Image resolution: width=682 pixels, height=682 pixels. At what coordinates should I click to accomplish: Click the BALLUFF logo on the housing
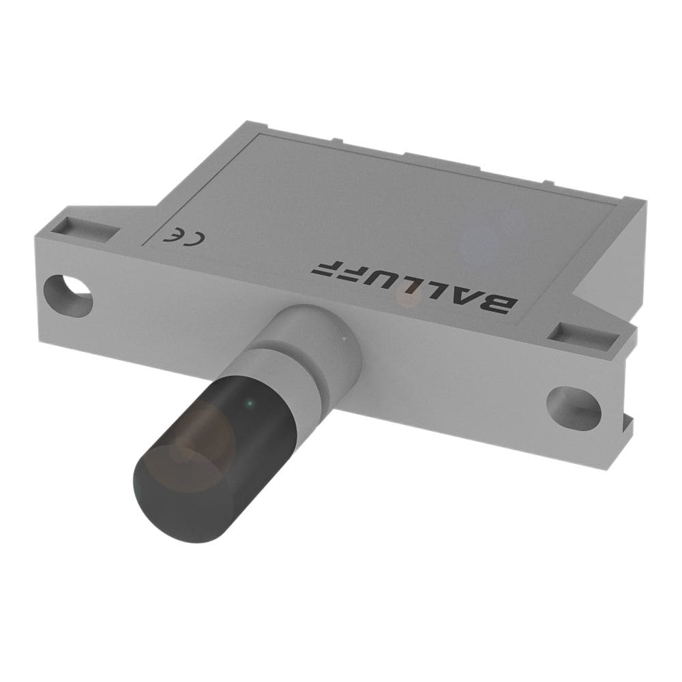click(x=414, y=287)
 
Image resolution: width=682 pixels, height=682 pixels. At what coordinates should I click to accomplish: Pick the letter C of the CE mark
click(x=195, y=238)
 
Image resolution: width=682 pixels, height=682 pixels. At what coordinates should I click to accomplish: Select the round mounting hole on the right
click(x=574, y=406)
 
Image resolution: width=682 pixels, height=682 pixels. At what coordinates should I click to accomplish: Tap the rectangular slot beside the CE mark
click(x=86, y=230)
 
